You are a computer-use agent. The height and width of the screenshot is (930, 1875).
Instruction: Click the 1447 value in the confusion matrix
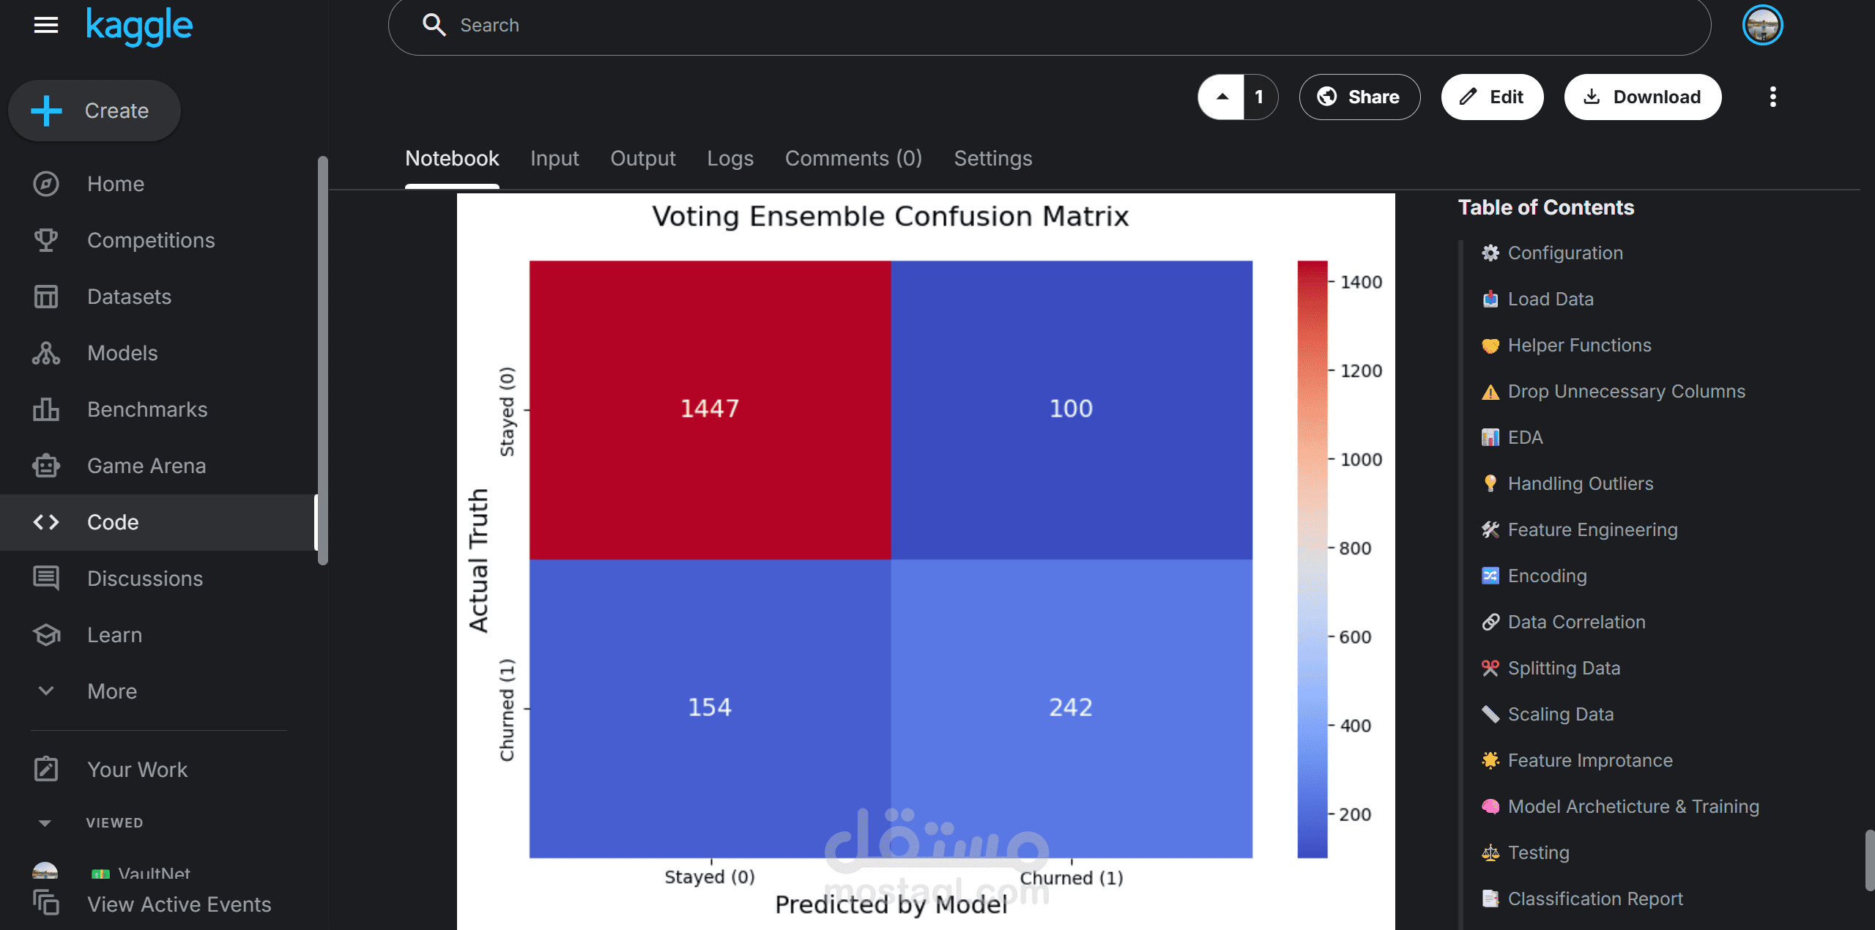coord(709,409)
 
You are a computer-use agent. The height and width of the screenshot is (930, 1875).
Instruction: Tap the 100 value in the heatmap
coord(1071,409)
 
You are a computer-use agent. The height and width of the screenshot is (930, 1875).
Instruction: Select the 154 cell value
coord(709,707)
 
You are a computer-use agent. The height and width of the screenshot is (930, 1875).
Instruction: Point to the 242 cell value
coord(1071,707)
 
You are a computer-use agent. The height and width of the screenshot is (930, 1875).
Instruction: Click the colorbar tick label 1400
coord(1361,282)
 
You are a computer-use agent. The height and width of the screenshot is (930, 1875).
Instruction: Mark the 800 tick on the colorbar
coord(1355,548)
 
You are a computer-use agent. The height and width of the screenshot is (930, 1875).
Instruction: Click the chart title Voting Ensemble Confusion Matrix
coord(890,217)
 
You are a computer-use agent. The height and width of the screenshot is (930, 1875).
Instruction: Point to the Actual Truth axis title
coord(478,560)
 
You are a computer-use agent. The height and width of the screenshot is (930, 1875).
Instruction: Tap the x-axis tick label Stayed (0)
coord(709,877)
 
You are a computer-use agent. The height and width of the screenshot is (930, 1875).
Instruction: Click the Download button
coord(1642,97)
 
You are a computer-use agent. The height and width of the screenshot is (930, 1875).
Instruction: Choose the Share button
coord(1359,97)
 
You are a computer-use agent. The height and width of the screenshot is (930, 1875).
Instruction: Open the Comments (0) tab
coord(853,158)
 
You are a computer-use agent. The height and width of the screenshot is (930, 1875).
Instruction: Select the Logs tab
coord(729,158)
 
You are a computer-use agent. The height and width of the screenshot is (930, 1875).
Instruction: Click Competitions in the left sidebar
coord(150,240)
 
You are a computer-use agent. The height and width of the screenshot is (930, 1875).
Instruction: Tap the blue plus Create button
coord(94,111)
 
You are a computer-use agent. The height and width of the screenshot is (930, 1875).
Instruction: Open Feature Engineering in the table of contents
coord(1592,529)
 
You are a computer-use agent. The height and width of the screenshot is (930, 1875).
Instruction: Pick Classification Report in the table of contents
coord(1594,899)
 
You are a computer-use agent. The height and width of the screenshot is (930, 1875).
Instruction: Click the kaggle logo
coord(139,26)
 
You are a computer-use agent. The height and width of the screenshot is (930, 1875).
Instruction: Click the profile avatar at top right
coord(1762,25)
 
